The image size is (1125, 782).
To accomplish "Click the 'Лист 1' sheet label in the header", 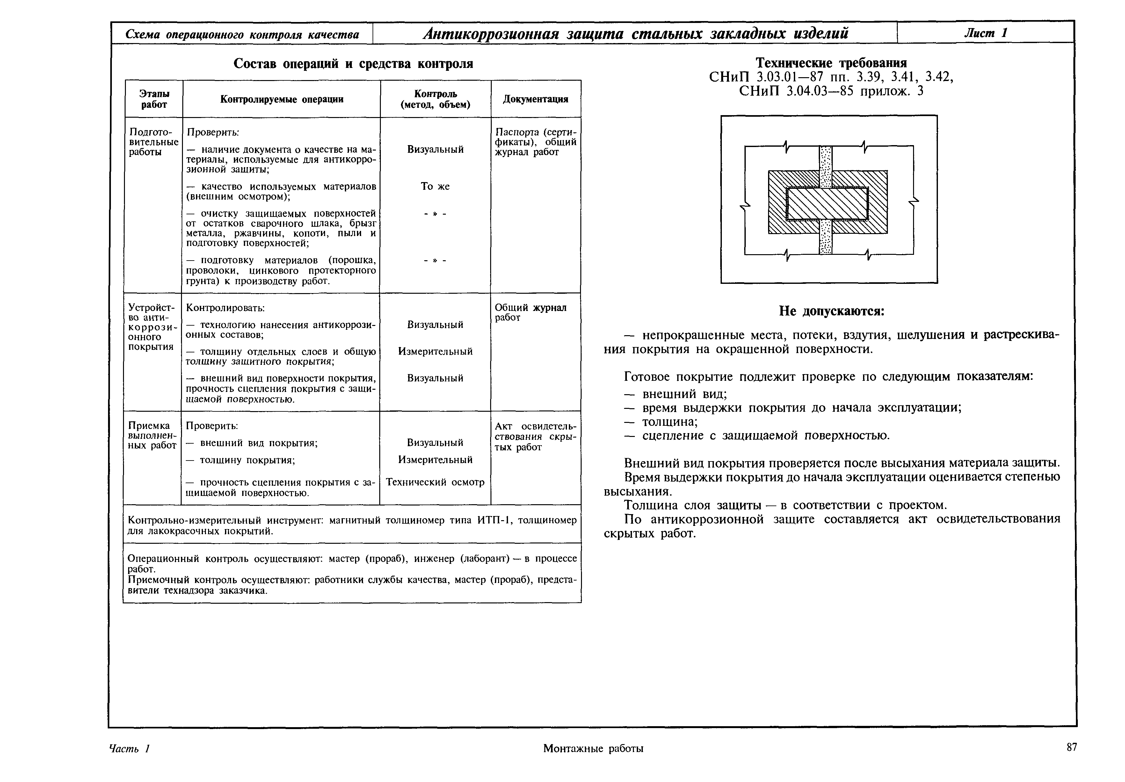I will [x=985, y=33].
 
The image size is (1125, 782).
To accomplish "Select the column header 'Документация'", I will [x=536, y=99].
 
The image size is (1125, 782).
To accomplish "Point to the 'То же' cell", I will [x=435, y=186].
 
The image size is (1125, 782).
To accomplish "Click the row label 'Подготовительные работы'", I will [x=153, y=142].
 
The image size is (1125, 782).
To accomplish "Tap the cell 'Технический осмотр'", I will [x=435, y=482].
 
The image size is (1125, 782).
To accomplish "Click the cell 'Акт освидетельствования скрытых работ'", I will [x=536, y=437].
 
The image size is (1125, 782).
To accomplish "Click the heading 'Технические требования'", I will [x=831, y=63].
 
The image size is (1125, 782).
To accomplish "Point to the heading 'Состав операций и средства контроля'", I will [x=353, y=64].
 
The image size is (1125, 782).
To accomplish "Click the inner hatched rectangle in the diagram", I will [x=827, y=203].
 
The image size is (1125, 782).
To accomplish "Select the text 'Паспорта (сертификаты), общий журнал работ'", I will [x=536, y=142].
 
